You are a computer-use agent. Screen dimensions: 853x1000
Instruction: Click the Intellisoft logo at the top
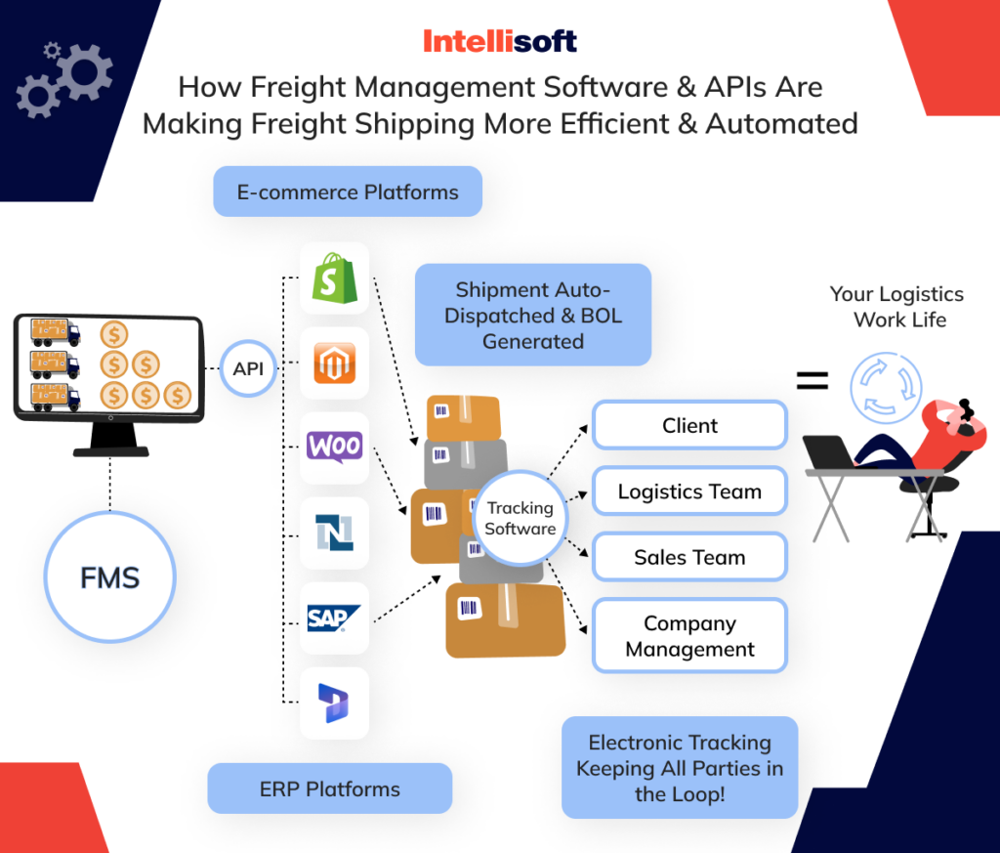499,41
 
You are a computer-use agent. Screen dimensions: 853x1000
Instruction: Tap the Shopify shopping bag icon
334,278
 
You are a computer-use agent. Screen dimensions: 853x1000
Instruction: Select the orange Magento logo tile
334,363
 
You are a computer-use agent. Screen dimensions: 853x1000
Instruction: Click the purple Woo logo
334,448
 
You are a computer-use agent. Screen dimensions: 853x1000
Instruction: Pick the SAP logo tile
334,618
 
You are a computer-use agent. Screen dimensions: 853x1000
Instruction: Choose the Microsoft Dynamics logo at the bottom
334,703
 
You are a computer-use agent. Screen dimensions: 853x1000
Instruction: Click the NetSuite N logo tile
334,533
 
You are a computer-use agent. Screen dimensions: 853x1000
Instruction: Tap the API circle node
249,369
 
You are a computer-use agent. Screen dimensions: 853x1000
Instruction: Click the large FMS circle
109,578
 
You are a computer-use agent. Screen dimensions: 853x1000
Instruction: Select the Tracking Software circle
520,518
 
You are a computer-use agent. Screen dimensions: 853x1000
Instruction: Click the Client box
689,426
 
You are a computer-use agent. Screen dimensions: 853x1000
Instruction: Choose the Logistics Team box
689,491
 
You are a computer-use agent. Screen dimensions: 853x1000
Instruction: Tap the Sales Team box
689,558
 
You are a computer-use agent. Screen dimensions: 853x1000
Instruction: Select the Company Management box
689,636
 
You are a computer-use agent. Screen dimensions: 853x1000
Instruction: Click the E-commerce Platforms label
348,192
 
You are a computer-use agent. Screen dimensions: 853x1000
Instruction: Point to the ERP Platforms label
330,789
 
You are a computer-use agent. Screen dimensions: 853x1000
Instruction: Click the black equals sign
812,379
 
